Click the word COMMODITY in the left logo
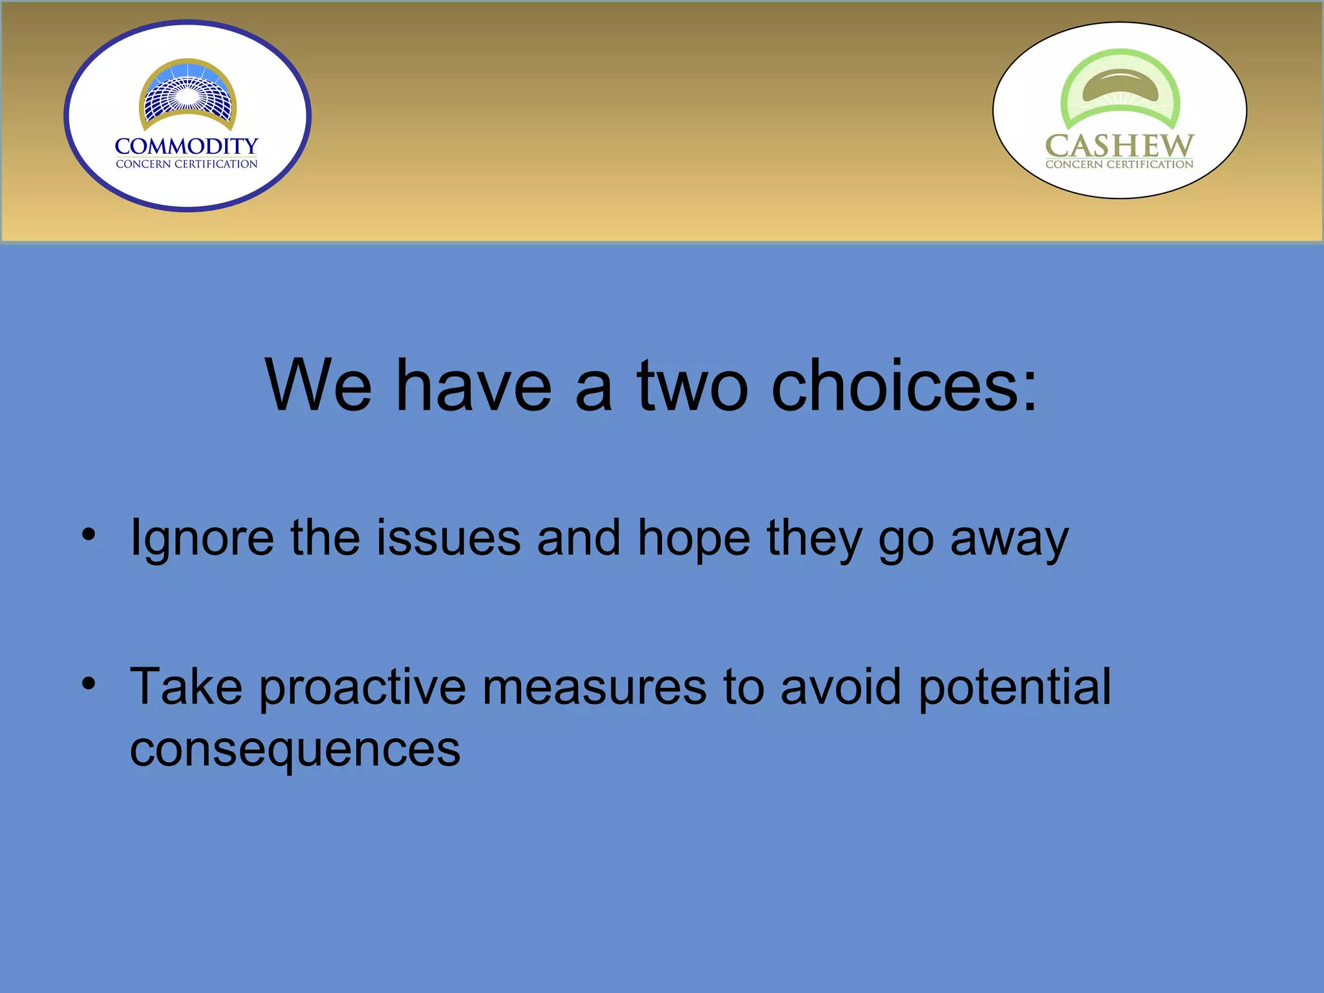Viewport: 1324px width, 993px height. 186,146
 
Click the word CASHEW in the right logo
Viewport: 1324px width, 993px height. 1119,146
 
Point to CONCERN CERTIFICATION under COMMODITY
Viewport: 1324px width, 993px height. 186,164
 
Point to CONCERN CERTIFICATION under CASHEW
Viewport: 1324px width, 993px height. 1119,165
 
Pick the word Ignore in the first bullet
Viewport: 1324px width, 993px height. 202,539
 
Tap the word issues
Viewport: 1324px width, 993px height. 449,538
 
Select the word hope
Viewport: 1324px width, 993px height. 694,539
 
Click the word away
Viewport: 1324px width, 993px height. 1009,539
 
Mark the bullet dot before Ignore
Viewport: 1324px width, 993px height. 89,535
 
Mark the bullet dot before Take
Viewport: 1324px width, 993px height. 89,683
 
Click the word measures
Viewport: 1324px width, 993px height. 594,687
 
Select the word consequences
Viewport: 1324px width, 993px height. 295,750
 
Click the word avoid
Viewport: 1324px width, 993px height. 840,687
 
